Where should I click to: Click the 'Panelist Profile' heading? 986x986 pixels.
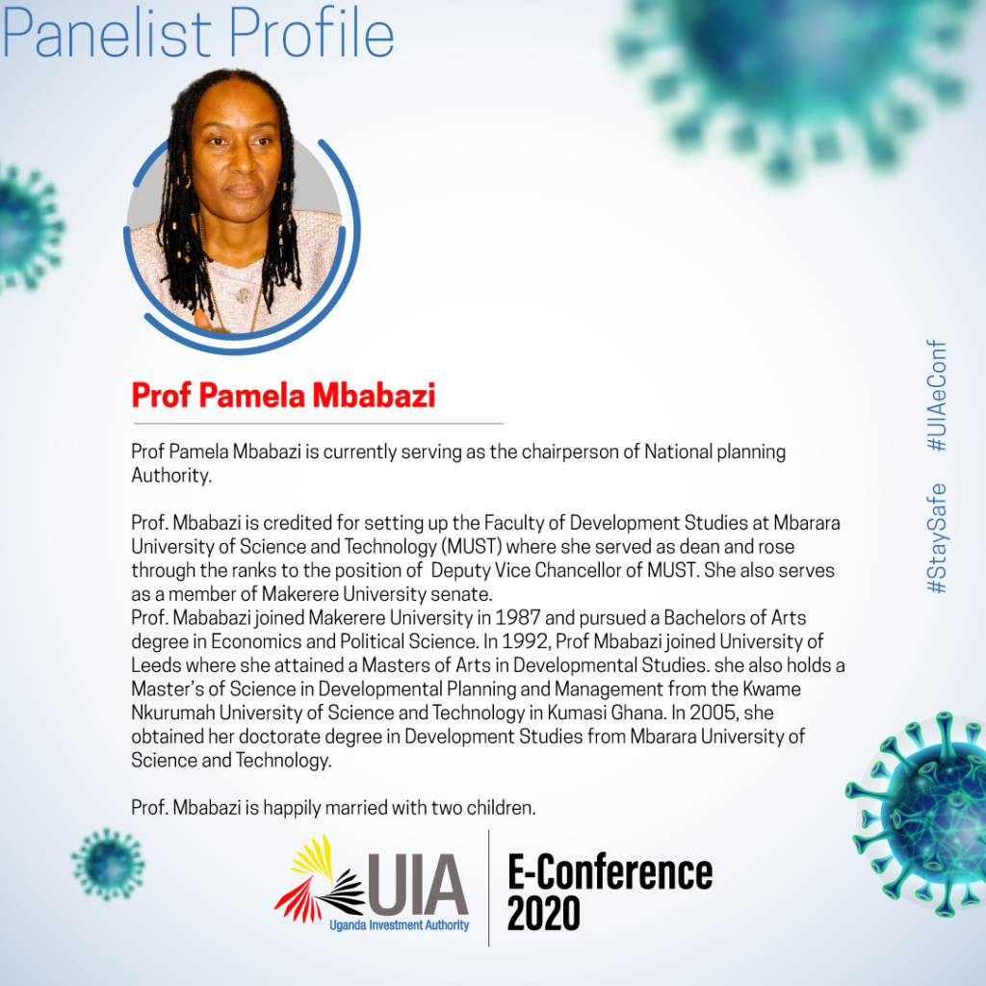198,33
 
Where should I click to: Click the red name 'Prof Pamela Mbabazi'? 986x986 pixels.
284,396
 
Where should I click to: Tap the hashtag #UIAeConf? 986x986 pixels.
936,396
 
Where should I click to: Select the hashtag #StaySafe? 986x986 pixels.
936,538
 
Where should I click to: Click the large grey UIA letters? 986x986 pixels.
418,885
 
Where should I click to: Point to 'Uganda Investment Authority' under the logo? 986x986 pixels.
400,925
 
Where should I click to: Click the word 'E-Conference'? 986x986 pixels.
610,872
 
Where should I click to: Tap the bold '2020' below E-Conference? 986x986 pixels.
543,913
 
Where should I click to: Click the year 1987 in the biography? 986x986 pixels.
517,617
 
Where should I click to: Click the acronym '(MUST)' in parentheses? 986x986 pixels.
472,547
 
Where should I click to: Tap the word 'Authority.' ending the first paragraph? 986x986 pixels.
171,476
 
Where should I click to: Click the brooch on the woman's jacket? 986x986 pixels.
244,295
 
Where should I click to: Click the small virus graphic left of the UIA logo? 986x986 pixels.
108,865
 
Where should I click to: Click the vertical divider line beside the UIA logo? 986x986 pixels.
488,888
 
